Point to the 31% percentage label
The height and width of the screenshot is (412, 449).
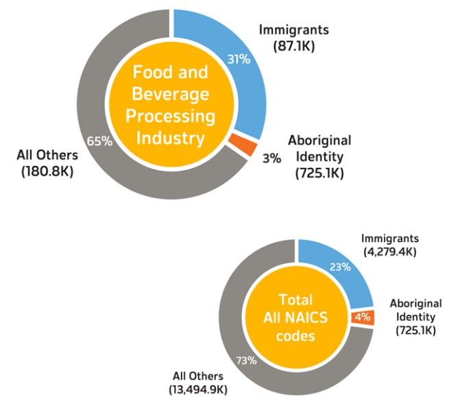pos(238,60)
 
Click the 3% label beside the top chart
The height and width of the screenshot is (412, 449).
pos(271,158)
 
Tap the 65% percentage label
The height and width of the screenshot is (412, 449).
pos(99,141)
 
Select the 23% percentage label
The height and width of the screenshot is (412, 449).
pos(340,267)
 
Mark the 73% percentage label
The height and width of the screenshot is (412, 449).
pos(247,360)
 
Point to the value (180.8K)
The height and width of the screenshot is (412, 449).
pos(47,169)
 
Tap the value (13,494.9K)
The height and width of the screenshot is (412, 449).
pos(198,389)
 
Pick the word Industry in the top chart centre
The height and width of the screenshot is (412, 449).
pos(170,137)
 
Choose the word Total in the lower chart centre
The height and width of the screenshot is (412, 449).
pos(295,300)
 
